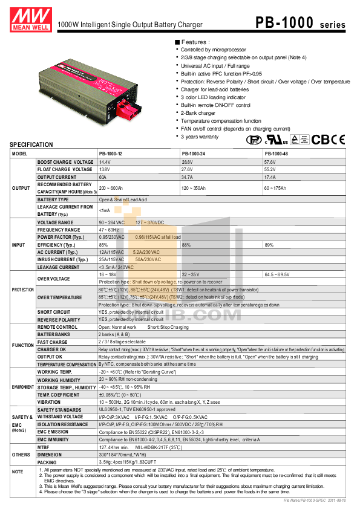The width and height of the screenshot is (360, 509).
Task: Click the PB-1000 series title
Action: click(299, 23)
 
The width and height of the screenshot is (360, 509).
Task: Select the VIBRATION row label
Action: click(48, 401)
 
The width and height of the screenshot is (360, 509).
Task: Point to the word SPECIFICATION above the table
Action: click(31, 145)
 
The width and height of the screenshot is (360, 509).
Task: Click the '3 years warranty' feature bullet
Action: click(200, 137)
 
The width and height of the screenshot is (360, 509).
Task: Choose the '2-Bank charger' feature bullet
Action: click(198, 113)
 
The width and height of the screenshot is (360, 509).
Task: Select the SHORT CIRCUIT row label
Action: click(53, 312)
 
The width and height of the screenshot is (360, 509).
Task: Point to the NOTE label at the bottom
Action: click(18, 471)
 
